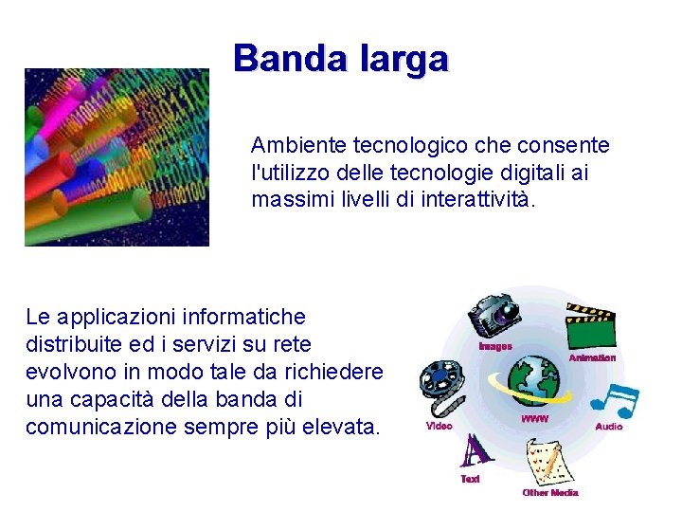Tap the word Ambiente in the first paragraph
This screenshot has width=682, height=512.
[298, 146]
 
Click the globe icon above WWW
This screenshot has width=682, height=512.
[535, 380]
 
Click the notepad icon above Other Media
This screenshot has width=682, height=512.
[548, 462]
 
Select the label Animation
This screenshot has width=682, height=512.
[592, 357]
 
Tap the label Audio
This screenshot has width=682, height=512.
[608, 427]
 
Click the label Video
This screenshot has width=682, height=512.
[439, 427]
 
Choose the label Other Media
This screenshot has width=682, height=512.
[549, 492]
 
